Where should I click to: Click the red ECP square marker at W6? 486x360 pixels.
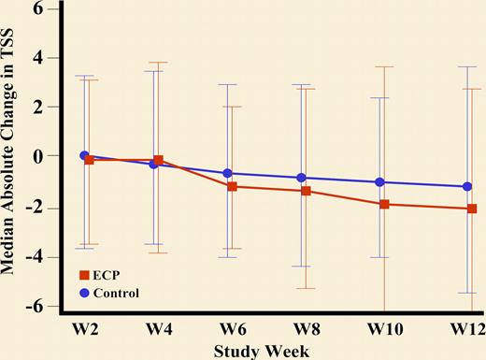(232, 187)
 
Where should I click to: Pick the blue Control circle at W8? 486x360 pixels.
(301, 178)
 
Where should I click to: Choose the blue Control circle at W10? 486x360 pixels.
(380, 182)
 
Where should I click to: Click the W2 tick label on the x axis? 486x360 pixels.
(85, 328)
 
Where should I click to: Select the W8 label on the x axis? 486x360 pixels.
(307, 328)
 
